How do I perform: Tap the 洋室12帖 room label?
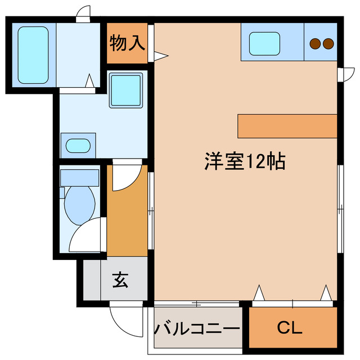pos(244,162)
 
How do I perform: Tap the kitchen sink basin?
pos(264,42)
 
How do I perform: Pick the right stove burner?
pos(328,43)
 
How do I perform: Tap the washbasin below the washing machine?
pos(78,146)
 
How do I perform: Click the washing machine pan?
pos(125,90)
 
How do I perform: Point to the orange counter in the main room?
pos(287,125)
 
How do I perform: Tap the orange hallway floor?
pos(127,225)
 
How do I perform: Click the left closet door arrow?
pos(259,292)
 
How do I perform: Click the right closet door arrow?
pos(325,292)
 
